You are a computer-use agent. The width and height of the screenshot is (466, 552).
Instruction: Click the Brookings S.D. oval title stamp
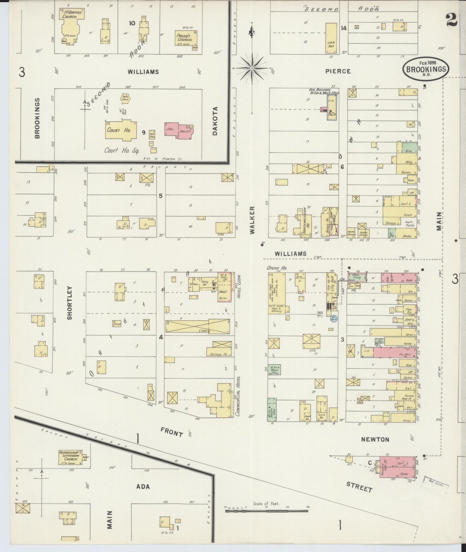426,69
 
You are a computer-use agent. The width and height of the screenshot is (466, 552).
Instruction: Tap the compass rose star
252,68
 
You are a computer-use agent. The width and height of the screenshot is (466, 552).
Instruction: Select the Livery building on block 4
197,326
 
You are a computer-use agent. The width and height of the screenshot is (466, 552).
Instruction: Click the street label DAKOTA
215,120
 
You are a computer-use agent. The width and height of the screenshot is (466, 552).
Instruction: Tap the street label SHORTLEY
70,302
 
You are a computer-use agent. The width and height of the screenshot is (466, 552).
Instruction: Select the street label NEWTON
375,439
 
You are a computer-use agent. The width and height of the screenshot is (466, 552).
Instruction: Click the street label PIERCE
338,71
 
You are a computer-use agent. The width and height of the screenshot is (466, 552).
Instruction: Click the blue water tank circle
333,319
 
